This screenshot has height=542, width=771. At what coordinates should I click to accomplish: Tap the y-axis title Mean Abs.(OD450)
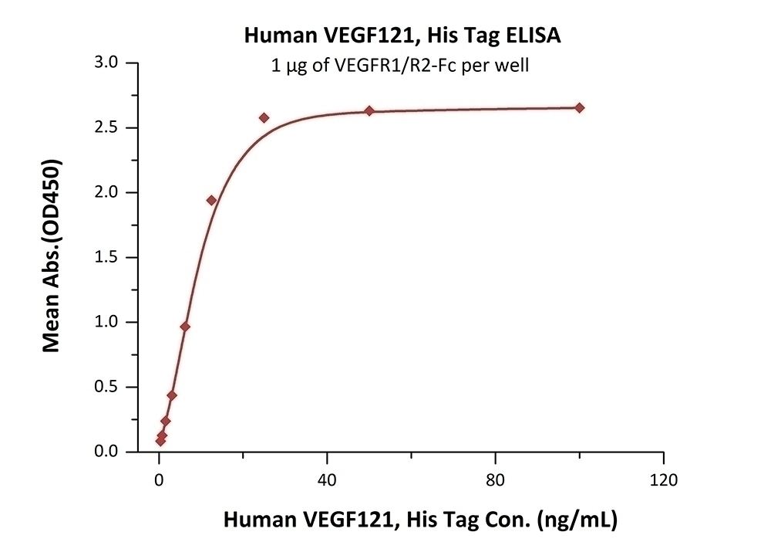coord(52,256)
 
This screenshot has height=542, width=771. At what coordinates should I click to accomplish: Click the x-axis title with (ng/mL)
coord(420,520)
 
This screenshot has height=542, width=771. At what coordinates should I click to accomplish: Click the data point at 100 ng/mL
coord(580,107)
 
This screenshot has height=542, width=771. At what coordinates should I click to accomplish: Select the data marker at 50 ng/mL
coord(369,110)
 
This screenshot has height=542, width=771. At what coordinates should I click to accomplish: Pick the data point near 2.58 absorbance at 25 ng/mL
coord(264,117)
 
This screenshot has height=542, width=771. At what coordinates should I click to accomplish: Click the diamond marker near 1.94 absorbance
coord(211,200)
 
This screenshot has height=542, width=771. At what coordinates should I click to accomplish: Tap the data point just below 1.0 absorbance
coord(185,327)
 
